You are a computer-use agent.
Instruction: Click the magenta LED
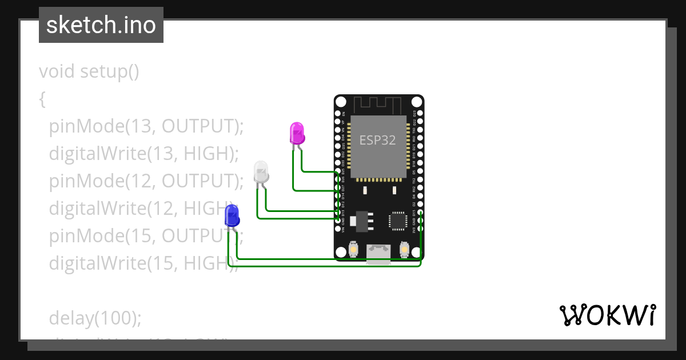(297, 133)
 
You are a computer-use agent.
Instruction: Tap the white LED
(261, 171)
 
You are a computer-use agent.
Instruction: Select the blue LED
(232, 215)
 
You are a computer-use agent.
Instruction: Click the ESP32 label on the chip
(377, 140)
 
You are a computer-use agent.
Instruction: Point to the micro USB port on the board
(378, 252)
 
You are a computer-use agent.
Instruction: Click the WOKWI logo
(607, 315)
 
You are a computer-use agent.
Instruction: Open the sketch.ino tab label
(101, 25)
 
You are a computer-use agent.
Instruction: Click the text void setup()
(89, 72)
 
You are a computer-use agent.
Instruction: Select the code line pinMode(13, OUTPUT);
(146, 126)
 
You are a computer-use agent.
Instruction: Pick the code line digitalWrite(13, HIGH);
(143, 154)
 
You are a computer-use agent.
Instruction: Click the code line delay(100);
(94, 318)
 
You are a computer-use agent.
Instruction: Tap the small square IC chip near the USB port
(398, 221)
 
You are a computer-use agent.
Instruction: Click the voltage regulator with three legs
(361, 220)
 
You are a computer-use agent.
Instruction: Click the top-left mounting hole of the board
(341, 102)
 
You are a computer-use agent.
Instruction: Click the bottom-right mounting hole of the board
(416, 250)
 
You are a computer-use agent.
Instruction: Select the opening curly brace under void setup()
(42, 99)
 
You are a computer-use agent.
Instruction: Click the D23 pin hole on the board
(421, 114)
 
